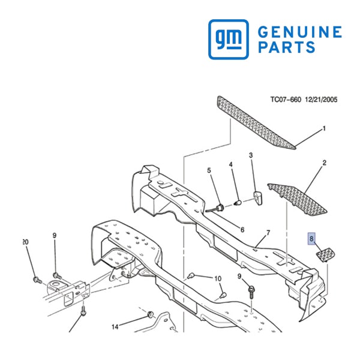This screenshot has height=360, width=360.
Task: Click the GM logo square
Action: [x=229, y=39]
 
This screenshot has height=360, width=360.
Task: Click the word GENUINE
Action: [x=300, y=32]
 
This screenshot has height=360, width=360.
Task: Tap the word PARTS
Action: [x=287, y=47]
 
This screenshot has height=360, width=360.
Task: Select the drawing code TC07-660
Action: [x=286, y=100]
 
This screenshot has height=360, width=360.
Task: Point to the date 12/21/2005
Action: [x=321, y=100]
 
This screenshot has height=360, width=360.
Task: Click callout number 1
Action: [x=324, y=128]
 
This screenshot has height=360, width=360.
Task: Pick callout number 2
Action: [x=324, y=163]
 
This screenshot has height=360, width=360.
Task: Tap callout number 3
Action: [x=251, y=155]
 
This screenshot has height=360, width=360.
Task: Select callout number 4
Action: [x=231, y=164]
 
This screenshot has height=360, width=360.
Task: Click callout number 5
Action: [x=209, y=170]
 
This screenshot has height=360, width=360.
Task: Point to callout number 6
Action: [x=242, y=230]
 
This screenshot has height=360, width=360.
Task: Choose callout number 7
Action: [x=268, y=233]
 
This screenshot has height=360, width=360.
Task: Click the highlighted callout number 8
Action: [x=311, y=239]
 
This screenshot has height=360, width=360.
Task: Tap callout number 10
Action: [x=218, y=279]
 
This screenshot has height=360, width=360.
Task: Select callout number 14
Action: [x=115, y=327]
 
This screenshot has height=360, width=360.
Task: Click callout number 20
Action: [x=25, y=242]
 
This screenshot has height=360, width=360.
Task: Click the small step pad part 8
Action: [x=326, y=254]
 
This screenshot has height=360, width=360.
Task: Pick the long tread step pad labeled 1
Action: [x=256, y=122]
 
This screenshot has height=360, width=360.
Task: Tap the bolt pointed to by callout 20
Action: [x=37, y=280]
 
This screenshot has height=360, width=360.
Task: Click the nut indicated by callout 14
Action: [x=151, y=314]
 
